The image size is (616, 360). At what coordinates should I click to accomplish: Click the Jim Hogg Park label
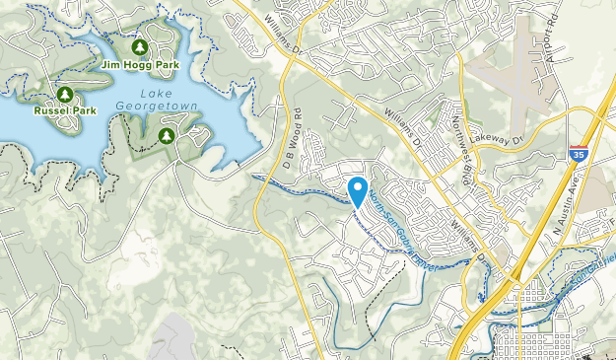pyautogui.click(x=139, y=65)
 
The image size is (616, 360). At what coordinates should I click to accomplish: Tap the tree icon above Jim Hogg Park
pyautogui.click(x=139, y=47)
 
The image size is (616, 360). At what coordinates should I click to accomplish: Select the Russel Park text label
pyautogui.click(x=63, y=111)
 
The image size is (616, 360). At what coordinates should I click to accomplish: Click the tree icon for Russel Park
pyautogui.click(x=64, y=95)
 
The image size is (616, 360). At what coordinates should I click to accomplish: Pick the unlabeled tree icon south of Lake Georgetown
pyautogui.click(x=167, y=135)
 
